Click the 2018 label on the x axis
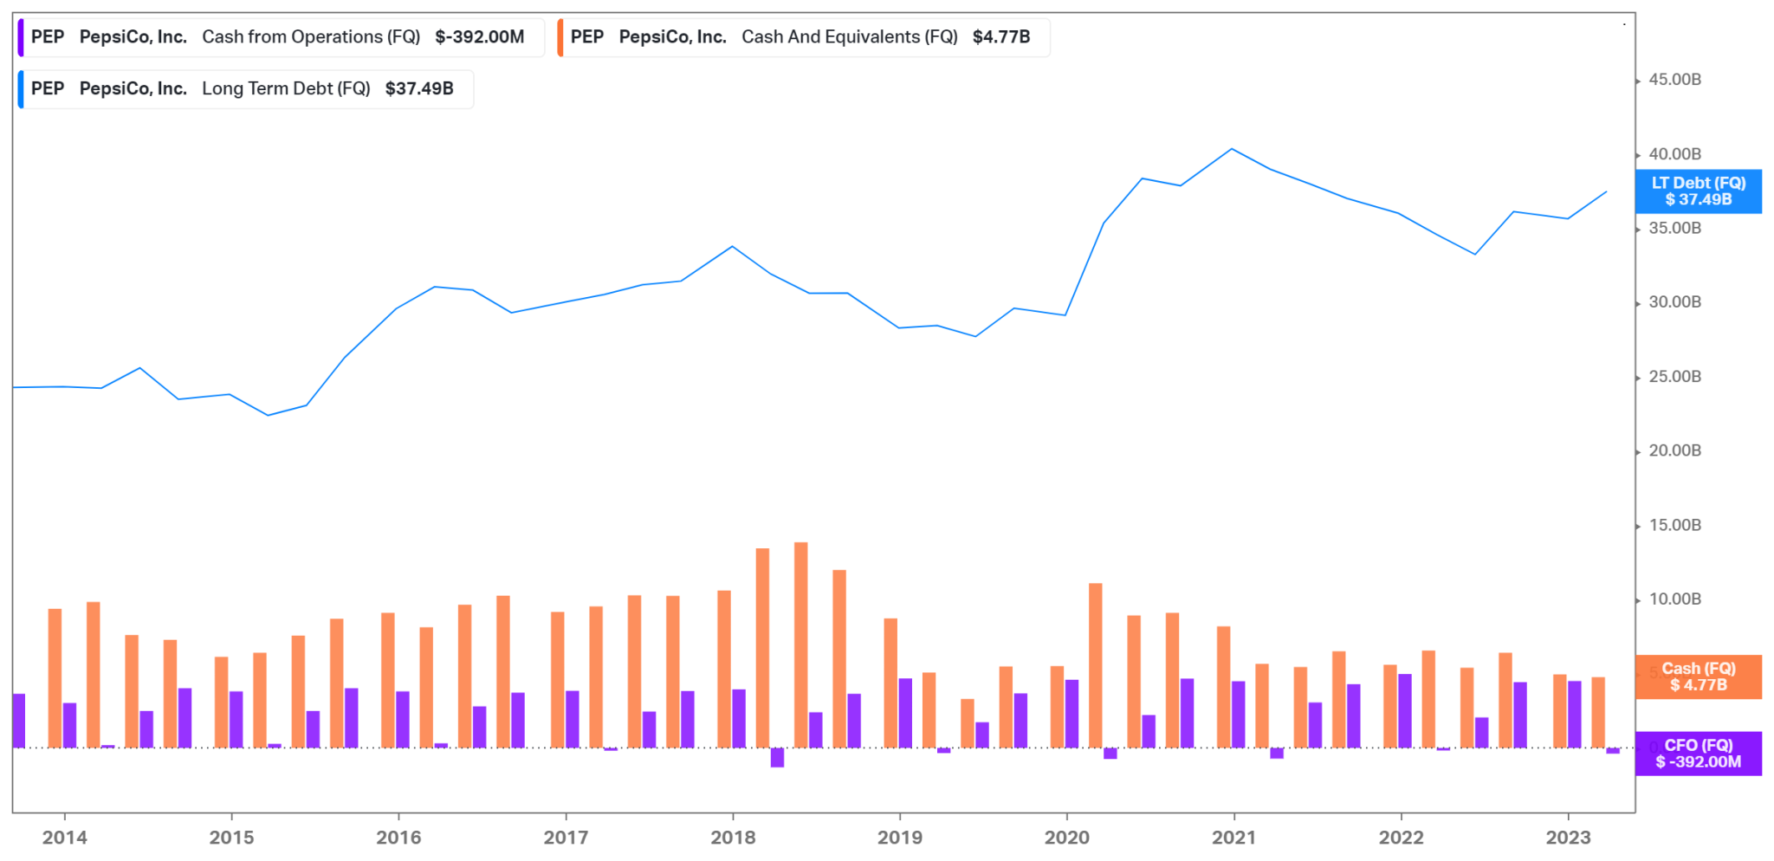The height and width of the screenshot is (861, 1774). [x=733, y=838]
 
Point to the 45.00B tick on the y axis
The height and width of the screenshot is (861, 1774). [x=1674, y=80]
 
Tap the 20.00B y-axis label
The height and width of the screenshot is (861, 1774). [x=1674, y=450]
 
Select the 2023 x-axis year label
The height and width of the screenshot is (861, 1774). [x=1568, y=838]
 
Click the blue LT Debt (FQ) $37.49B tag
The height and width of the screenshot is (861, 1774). [x=1698, y=191]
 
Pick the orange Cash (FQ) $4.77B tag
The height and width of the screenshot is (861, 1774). [x=1698, y=676]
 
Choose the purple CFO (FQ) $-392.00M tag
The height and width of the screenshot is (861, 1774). [x=1698, y=754]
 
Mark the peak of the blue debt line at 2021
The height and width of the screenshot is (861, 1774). [x=1232, y=149]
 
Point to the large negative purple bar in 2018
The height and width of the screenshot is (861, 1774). [x=777, y=758]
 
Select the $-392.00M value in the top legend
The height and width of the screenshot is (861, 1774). [x=479, y=37]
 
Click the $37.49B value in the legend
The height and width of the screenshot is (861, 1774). [x=419, y=89]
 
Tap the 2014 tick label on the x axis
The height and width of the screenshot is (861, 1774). [x=64, y=838]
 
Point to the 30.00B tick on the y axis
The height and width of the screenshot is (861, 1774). [x=1674, y=302]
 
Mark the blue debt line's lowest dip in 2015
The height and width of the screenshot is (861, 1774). [x=268, y=415]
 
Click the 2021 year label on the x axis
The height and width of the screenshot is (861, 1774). [x=1233, y=838]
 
